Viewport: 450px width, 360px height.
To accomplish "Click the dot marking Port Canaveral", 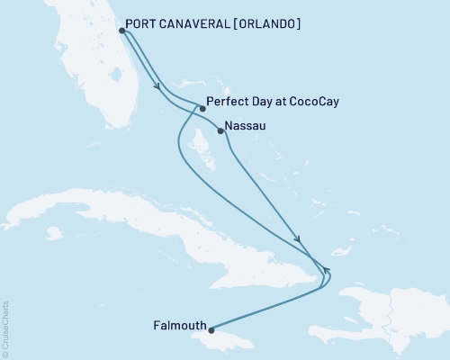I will (121, 30).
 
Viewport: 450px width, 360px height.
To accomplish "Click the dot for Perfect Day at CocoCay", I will (202, 108).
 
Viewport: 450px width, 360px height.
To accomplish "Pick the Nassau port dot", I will (221, 131).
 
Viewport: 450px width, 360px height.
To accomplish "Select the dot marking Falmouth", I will (212, 329).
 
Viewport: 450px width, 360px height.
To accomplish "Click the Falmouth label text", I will (181, 325).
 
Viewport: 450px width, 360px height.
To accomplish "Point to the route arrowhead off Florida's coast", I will (158, 88).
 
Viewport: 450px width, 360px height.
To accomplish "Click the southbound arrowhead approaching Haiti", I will (299, 240).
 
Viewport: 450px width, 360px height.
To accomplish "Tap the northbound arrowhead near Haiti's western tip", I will (328, 270).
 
